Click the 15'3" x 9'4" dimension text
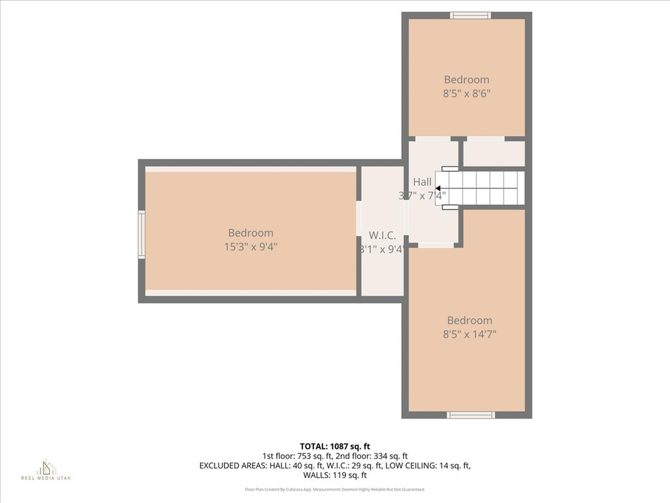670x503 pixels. pyautogui.click(x=251, y=246)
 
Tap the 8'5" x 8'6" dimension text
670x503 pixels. pyautogui.click(x=467, y=93)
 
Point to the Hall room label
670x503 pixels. pyautogui.click(x=422, y=181)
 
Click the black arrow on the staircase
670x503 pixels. pyautogui.click(x=438, y=189)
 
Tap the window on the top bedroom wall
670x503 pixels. pyautogui.click(x=470, y=15)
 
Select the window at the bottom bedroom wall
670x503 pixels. pyautogui.click(x=470, y=415)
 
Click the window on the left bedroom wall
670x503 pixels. pyautogui.click(x=141, y=234)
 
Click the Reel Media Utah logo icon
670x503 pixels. pyautogui.click(x=46, y=466)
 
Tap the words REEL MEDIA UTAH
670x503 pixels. pyautogui.click(x=46, y=478)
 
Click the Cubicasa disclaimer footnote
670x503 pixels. pyautogui.click(x=335, y=489)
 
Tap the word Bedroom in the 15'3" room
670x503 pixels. pyautogui.click(x=251, y=233)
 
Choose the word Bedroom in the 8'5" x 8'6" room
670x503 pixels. pyautogui.click(x=467, y=80)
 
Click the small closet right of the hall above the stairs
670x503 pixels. pyautogui.click(x=494, y=154)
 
